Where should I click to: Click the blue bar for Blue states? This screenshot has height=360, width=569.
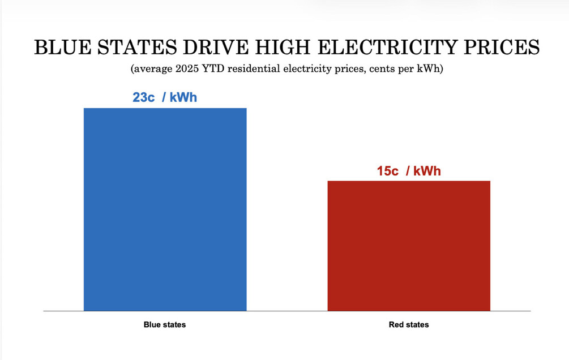pyautogui.click(x=165, y=209)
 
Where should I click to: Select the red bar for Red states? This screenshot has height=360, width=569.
pyautogui.click(x=409, y=246)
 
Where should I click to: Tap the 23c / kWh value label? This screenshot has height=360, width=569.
pyautogui.click(x=165, y=97)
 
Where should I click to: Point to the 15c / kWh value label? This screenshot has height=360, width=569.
pyautogui.click(x=409, y=171)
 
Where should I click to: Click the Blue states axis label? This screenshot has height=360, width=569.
pyautogui.click(x=165, y=325)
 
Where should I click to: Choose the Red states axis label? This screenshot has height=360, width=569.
pyautogui.click(x=409, y=325)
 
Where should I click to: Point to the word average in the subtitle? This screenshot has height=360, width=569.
pyautogui.click(x=152, y=70)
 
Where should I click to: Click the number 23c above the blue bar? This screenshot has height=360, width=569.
pyautogui.click(x=144, y=97)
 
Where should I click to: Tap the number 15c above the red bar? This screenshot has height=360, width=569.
pyautogui.click(x=388, y=171)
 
